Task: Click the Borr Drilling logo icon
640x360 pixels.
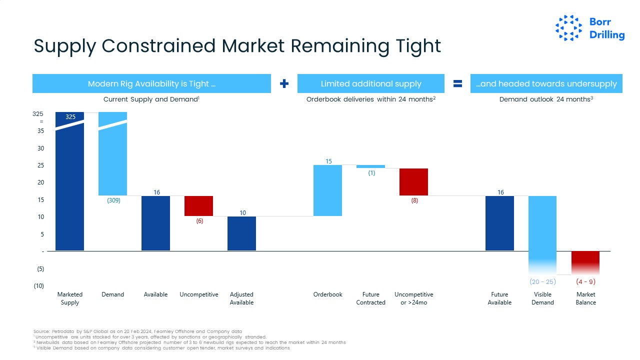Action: click(569, 28)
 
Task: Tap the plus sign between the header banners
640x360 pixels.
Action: click(284, 83)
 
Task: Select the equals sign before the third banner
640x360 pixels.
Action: click(457, 83)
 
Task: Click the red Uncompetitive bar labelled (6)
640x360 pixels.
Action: click(198, 205)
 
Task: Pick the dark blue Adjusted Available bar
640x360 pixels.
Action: click(241, 233)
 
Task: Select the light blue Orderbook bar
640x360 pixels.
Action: click(327, 190)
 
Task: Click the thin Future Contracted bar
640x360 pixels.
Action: click(370, 166)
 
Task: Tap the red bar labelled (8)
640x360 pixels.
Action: click(413, 181)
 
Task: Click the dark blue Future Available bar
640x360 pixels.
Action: click(499, 223)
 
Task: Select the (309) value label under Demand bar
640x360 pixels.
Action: click(113, 201)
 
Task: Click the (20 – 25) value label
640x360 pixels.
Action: click(542, 281)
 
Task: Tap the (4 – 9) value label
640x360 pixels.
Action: click(585, 281)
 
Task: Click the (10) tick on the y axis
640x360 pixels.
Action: click(38, 286)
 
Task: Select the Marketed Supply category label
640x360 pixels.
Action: click(70, 298)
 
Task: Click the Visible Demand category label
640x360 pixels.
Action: click(542, 298)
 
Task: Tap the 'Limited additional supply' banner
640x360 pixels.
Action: click(370, 83)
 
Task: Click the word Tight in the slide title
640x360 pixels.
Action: click(417, 46)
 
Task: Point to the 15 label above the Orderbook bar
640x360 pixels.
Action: click(328, 161)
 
